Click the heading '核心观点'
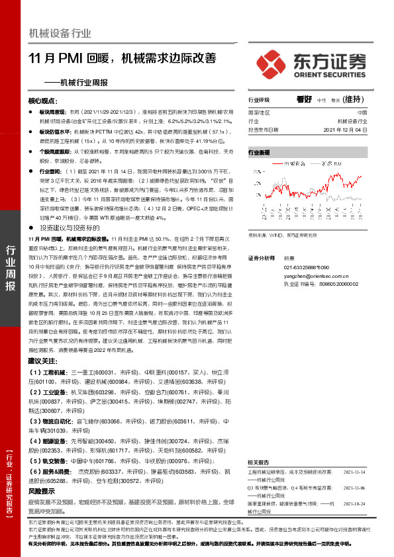point(43,101)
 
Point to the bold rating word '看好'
point(304,99)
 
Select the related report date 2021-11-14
point(354,472)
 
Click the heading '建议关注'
point(43,361)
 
